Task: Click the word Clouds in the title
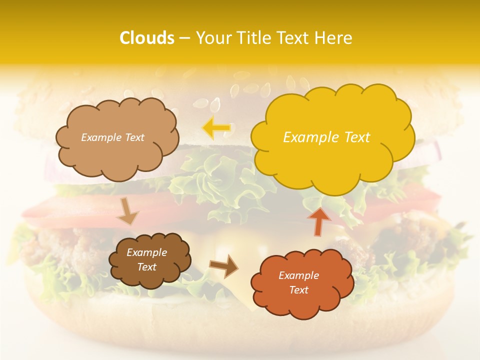(147, 38)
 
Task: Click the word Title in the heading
(253, 38)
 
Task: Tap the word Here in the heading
(333, 38)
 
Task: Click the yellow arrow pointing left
(216, 128)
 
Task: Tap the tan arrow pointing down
(128, 212)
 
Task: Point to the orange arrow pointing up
(318, 220)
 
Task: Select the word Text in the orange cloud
(298, 290)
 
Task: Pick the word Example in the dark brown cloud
(146, 252)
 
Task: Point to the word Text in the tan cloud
(134, 137)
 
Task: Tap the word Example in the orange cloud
(298, 275)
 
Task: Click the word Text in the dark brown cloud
(146, 267)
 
